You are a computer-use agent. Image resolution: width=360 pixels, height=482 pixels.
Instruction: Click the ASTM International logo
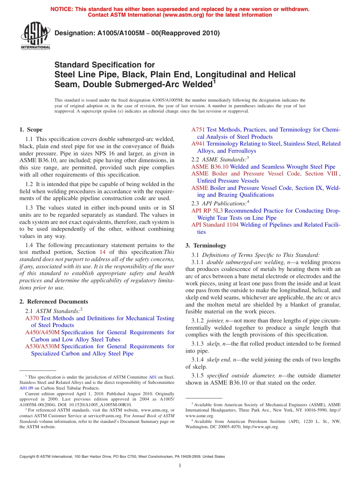tap(35, 37)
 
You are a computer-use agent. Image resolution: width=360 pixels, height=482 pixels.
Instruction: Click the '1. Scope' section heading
tap(31, 130)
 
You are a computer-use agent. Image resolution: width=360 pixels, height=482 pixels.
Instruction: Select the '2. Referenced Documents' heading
tap(54, 302)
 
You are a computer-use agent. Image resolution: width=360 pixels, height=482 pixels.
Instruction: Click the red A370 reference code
tap(32, 318)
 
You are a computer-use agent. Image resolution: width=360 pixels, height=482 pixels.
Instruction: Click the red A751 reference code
tap(198, 130)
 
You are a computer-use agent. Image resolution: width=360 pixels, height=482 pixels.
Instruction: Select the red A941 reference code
tap(198, 144)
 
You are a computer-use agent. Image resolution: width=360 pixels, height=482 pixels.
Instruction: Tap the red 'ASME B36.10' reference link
tap(210, 167)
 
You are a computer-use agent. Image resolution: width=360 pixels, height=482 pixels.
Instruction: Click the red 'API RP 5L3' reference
tap(207, 211)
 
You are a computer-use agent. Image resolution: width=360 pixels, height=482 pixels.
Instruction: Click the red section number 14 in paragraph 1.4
tap(102, 252)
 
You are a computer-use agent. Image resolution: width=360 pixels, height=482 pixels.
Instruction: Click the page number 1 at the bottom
tap(180, 466)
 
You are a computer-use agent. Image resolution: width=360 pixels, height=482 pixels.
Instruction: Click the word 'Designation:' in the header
tap(72, 33)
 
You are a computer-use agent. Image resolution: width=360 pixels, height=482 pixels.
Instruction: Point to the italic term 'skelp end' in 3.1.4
tap(219, 360)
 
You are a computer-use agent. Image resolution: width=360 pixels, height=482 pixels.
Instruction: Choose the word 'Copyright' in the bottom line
tap(28, 457)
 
